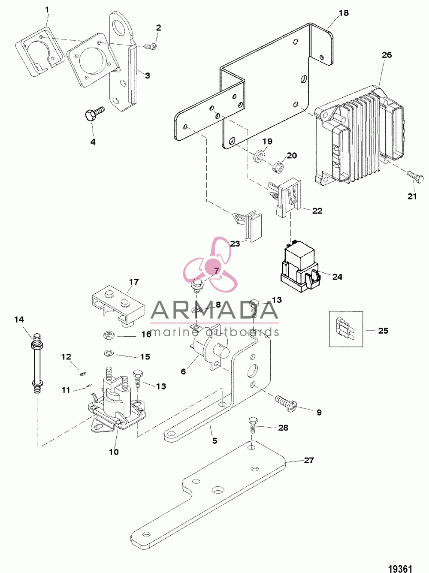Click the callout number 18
(x=344, y=13)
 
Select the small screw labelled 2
(x=150, y=47)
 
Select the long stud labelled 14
(x=37, y=362)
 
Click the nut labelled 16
(x=108, y=335)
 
